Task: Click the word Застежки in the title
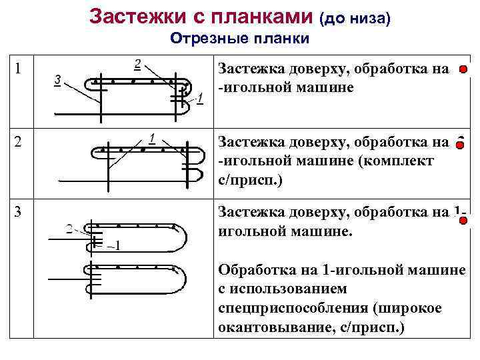point(133,16)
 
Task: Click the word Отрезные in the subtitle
point(203,38)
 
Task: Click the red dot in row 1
point(462,69)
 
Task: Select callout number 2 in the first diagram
point(137,64)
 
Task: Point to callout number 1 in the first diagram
point(201,101)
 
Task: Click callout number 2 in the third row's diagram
point(70,229)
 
